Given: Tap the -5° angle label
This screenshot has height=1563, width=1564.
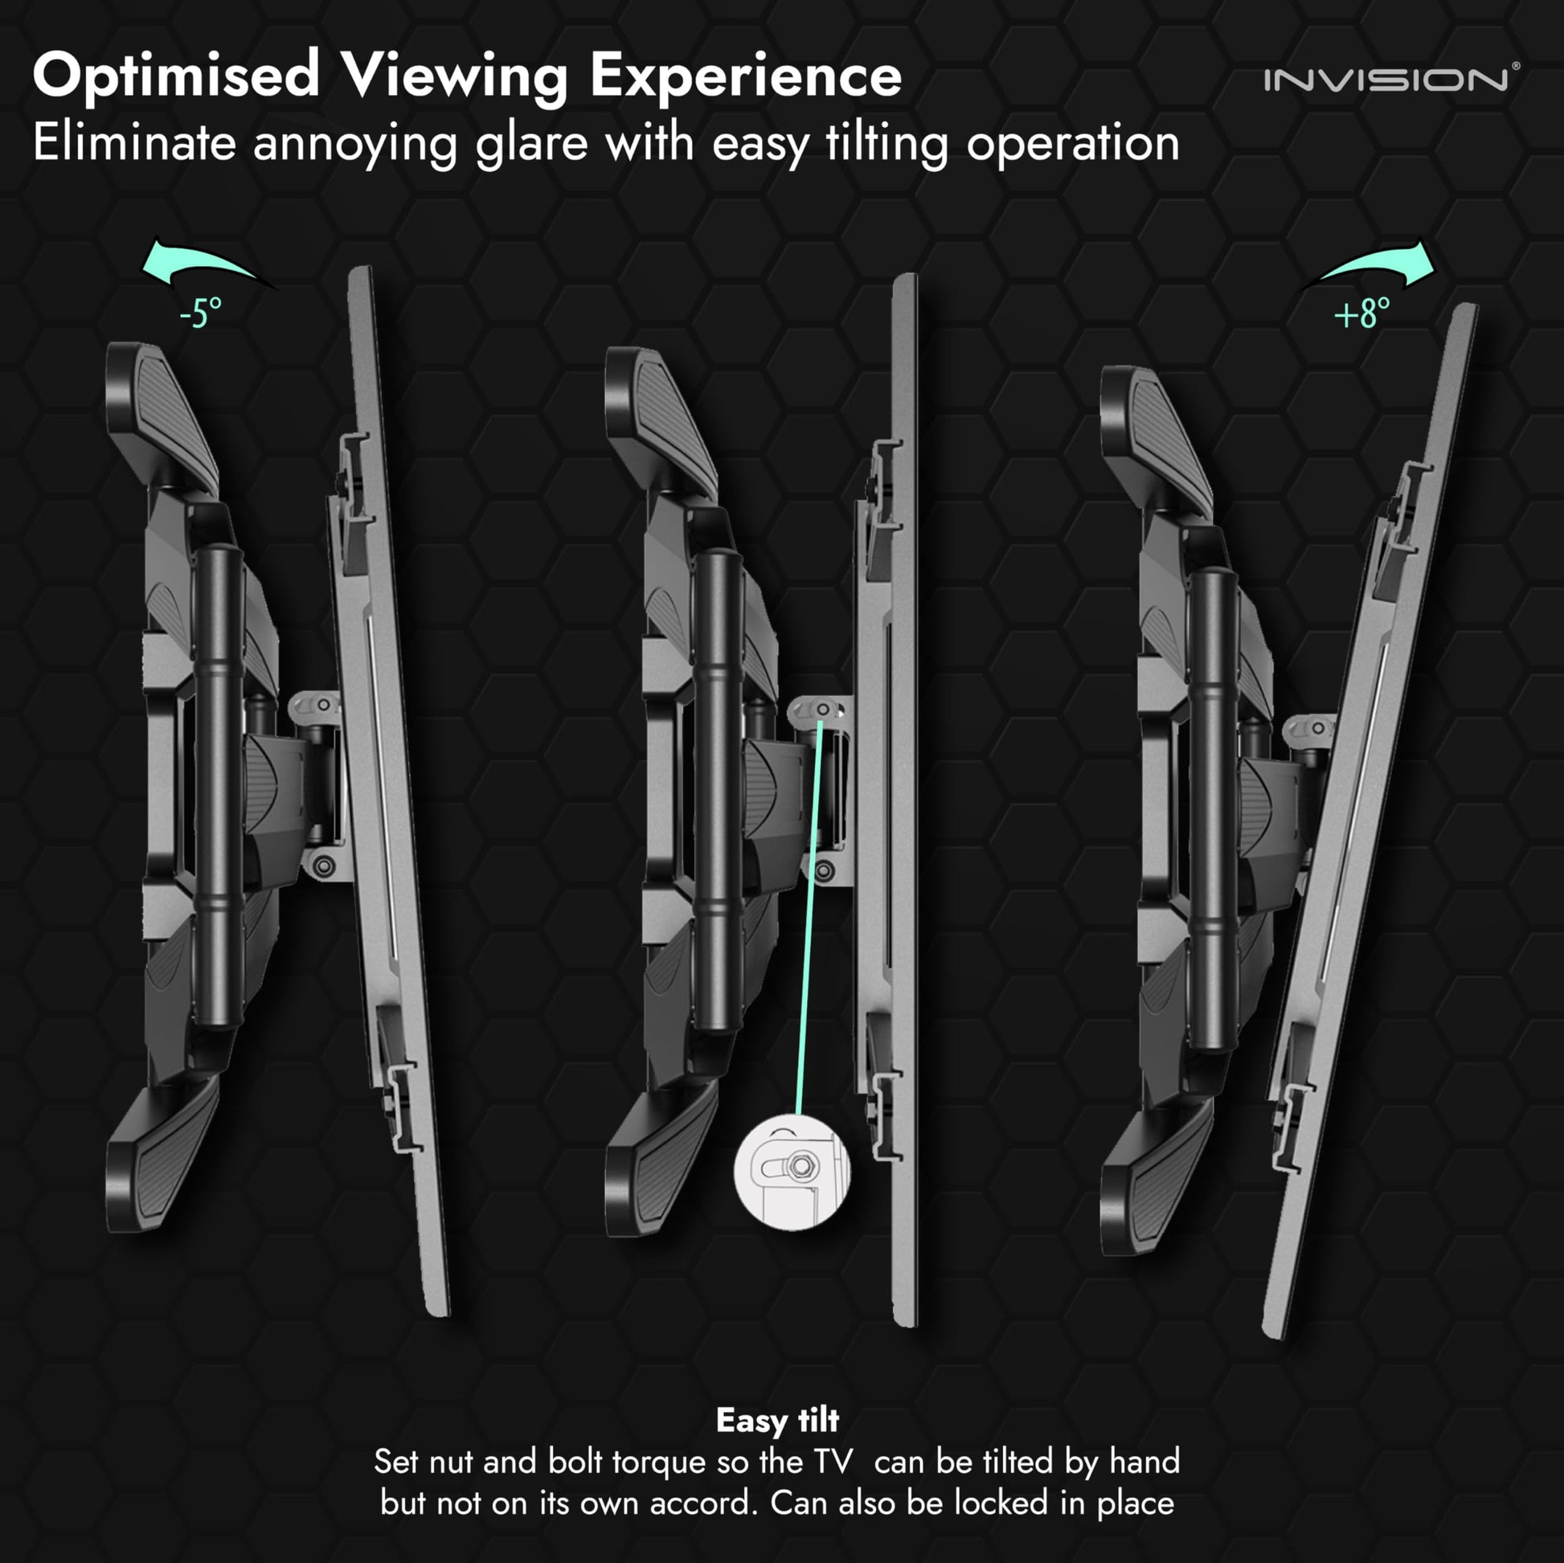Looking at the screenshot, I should pos(200,313).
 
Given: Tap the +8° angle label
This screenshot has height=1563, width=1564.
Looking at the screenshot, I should pos(1361,313).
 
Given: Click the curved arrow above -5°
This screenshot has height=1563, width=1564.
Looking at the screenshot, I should pos(203,263).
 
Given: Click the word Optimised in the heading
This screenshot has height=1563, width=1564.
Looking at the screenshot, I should pos(176,76).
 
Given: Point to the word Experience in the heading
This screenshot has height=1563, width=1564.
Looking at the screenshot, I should pos(745,76).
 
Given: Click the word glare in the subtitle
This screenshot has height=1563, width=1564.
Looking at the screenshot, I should pos(531,144).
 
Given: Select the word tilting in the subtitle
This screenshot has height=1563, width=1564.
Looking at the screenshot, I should pos(886,144).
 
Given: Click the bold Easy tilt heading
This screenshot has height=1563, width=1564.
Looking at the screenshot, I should pos(777,1420).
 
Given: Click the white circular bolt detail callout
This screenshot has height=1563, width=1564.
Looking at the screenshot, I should pos(791,1171).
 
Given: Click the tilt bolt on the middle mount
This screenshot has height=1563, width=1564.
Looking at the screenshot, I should pos(822,710).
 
